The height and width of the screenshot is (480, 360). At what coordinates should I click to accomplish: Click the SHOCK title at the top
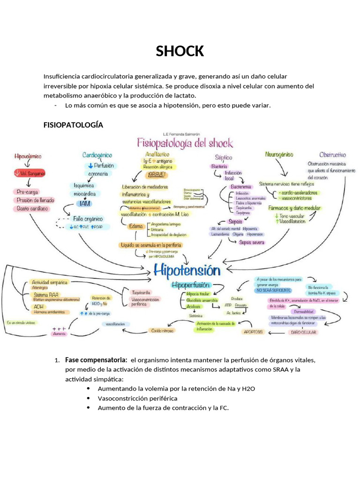pyautogui.click(x=180, y=51)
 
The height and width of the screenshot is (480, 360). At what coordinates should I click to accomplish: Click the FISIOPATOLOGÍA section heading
pyautogui.click(x=73, y=125)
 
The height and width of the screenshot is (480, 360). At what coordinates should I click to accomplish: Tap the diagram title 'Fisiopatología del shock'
pyautogui.click(x=184, y=142)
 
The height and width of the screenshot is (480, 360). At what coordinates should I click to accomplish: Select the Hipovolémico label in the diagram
pyautogui.click(x=28, y=156)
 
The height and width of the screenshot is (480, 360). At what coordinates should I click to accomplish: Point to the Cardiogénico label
pyautogui.click(x=97, y=155)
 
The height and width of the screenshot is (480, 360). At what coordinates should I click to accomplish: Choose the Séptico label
pyautogui.click(x=224, y=157)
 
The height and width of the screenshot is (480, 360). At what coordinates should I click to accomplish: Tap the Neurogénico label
pyautogui.click(x=279, y=154)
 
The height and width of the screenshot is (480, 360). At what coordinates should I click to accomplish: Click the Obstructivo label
pyautogui.click(x=332, y=154)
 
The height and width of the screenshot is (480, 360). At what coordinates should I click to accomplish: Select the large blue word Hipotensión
pyautogui.click(x=187, y=271)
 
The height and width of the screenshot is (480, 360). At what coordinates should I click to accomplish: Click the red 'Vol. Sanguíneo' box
pyautogui.click(x=30, y=173)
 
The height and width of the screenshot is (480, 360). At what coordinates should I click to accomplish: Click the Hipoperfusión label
pyautogui.click(x=191, y=285)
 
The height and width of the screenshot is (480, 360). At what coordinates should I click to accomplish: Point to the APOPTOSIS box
pyautogui.click(x=253, y=332)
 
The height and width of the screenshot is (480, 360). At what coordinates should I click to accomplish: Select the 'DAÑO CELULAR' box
pyautogui.click(x=303, y=332)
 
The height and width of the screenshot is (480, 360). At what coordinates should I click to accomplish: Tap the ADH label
pyautogui.click(x=37, y=307)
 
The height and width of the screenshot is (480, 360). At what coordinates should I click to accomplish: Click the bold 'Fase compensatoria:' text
pyautogui.click(x=96, y=360)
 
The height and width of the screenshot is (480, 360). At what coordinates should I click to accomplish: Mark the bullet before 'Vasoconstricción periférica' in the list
pyautogui.click(x=89, y=398)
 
